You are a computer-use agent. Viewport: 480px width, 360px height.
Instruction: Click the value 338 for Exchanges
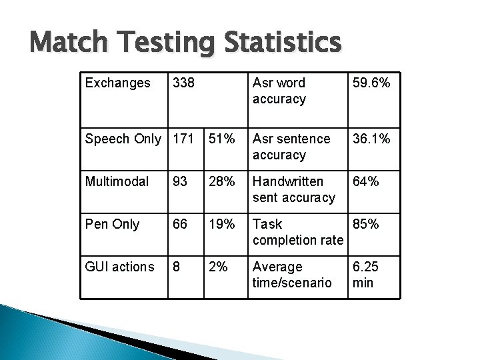click(183, 83)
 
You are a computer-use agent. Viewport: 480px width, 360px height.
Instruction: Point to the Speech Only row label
click(123, 139)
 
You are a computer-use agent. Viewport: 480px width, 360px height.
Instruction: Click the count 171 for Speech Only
click(183, 139)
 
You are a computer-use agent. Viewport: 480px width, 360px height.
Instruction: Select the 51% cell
click(221, 139)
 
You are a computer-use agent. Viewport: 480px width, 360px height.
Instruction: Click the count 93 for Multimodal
click(179, 182)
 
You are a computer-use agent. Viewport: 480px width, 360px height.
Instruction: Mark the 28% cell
click(221, 182)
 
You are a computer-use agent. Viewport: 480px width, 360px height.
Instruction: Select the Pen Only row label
click(112, 225)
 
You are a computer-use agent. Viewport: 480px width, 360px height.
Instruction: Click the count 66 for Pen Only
click(179, 225)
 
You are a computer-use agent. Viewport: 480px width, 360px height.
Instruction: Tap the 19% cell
click(221, 225)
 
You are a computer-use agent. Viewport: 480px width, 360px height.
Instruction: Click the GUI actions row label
click(119, 267)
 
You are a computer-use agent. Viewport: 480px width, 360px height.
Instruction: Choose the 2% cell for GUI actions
click(218, 267)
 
